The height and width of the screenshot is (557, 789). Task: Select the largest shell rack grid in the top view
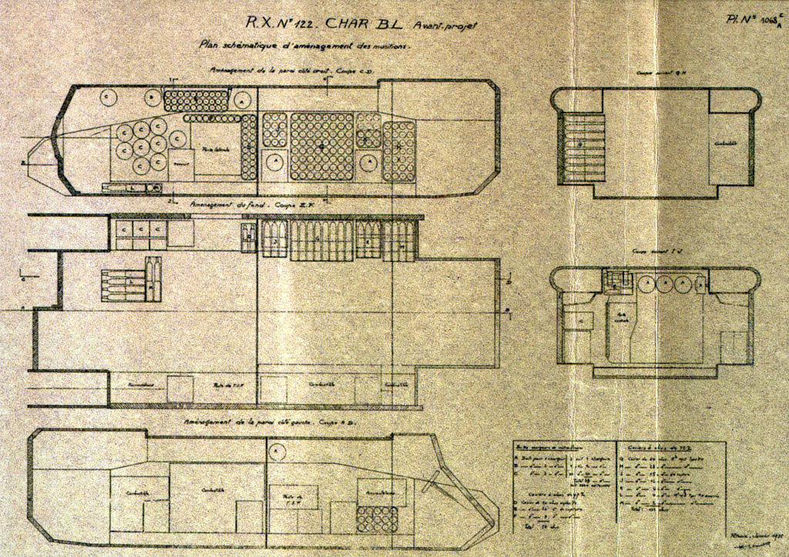tap(321, 147)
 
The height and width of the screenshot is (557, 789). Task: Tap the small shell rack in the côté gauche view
tap(377, 519)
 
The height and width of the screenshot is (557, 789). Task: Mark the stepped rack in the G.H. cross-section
tap(584, 147)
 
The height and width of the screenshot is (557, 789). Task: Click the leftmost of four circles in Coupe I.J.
tap(646, 285)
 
